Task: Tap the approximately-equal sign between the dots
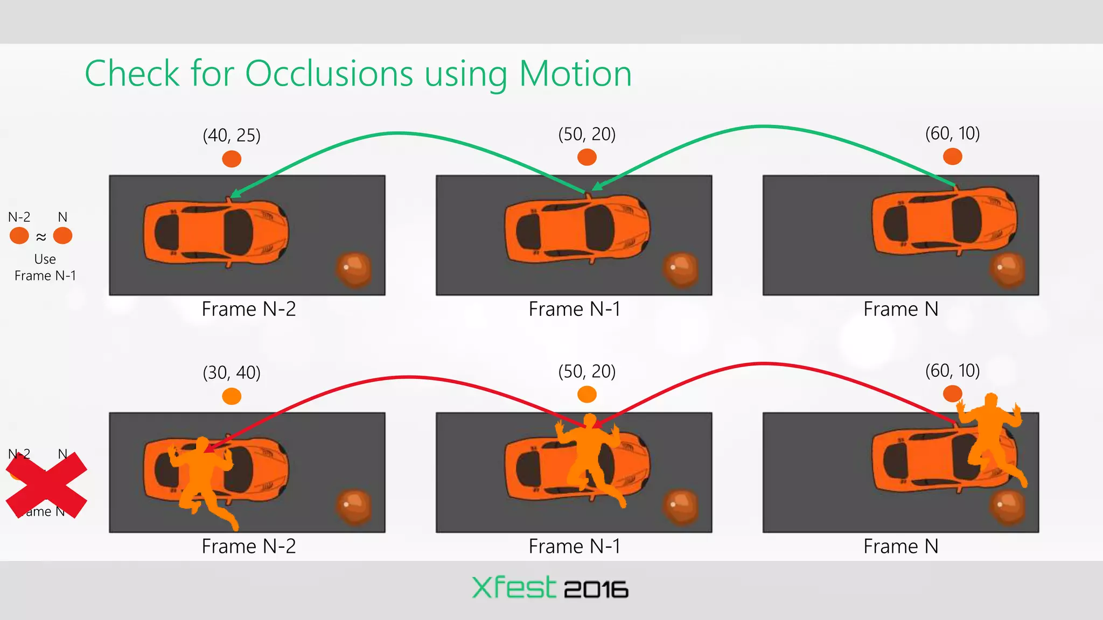[x=41, y=237]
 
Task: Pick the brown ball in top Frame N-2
[x=353, y=269]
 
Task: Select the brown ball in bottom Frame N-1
[x=681, y=506]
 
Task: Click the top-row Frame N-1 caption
[x=574, y=309]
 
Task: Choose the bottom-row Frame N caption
[x=900, y=547]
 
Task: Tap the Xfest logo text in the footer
[x=513, y=588]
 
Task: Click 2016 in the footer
[x=596, y=590]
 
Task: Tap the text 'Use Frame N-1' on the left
[x=45, y=267]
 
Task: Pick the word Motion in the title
[x=575, y=73]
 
